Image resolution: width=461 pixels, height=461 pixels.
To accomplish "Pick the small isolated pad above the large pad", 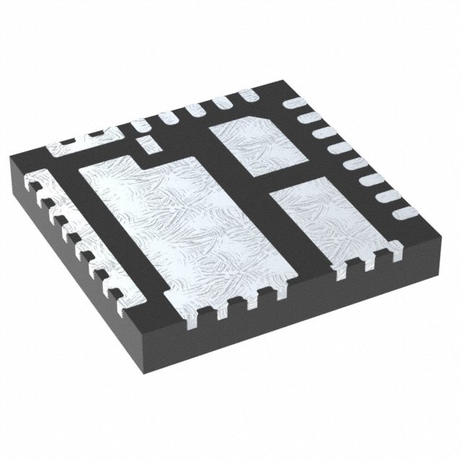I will pyautogui.click(x=146, y=142).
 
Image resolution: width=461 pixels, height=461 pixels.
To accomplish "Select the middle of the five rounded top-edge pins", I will pyautogui.click(x=192, y=109).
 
